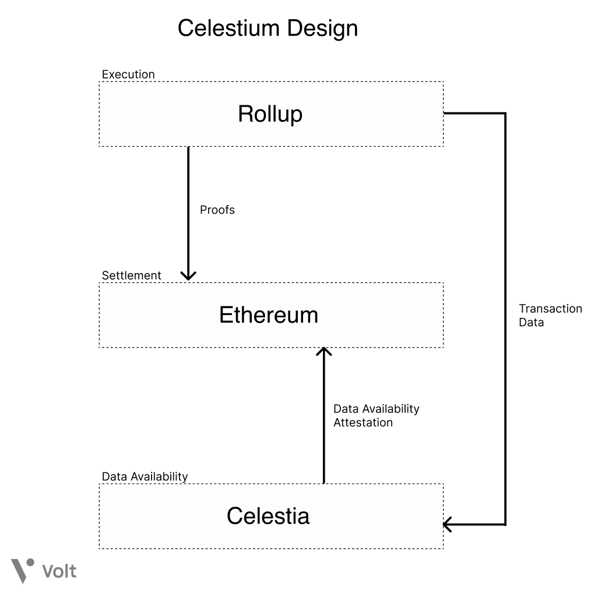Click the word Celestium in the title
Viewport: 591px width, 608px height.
227,28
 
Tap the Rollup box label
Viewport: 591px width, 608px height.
270,114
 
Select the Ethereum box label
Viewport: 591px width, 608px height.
269,315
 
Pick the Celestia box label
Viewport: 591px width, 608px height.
268,515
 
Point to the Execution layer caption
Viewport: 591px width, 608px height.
128,75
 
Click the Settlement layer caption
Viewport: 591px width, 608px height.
131,275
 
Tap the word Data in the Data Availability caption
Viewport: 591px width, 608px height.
114,476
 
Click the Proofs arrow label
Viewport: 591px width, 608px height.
217,210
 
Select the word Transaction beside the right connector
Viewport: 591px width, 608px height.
550,309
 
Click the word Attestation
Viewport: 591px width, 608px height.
363,422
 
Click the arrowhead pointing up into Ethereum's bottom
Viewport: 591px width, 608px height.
323,351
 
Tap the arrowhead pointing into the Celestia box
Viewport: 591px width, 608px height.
448,524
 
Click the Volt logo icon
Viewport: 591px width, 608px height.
23,570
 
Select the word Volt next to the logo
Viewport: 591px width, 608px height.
59,571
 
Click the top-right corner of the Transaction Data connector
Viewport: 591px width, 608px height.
505,114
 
